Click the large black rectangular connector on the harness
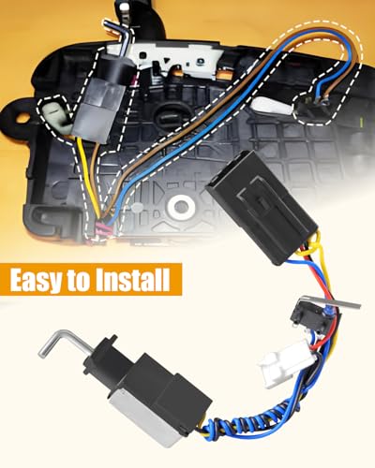pos(262,207)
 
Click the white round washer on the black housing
pos(179,205)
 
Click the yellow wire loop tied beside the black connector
pos(311,249)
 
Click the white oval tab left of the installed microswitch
pos(271,106)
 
